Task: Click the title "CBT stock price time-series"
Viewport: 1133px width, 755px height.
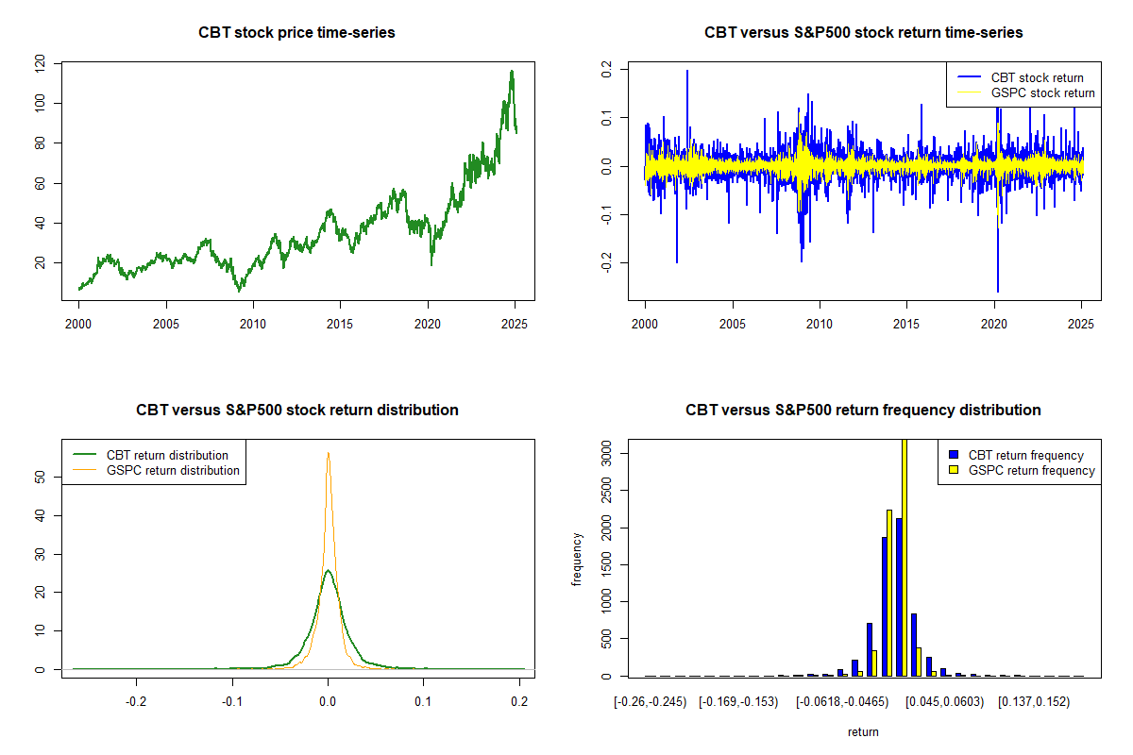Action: coord(296,33)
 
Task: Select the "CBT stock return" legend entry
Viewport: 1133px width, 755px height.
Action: coord(1037,77)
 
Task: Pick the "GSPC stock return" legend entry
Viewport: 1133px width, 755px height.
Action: coord(1042,92)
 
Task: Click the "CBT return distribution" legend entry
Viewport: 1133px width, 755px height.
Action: coord(167,455)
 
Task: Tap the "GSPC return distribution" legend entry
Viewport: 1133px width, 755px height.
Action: coord(173,470)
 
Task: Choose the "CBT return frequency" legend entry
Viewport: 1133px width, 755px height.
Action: coord(1025,455)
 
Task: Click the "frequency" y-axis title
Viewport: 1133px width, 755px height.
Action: coord(577,559)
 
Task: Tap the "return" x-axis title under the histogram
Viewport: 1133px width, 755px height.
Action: coord(863,731)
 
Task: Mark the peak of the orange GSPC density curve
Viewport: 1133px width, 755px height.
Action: coord(328,453)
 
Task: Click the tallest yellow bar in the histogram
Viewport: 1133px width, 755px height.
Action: coord(904,557)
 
